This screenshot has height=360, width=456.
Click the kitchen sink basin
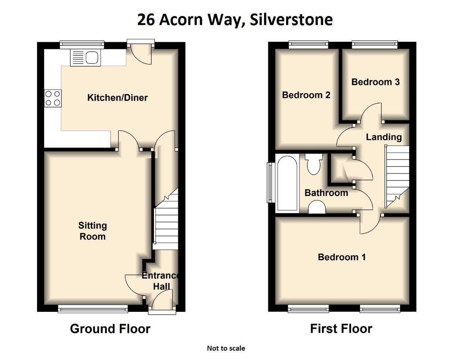(92, 58)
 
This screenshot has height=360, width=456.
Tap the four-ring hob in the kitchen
(53, 98)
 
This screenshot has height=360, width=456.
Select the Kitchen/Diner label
(117, 98)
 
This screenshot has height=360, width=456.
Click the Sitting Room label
(92, 231)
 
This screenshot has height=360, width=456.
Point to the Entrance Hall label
(161, 281)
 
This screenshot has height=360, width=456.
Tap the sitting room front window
(93, 308)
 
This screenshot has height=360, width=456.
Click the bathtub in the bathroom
(287, 184)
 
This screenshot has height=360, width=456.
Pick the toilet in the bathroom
(313, 164)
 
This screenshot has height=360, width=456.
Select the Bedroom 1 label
(341, 257)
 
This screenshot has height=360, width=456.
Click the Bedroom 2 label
(306, 95)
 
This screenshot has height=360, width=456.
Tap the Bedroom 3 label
(375, 82)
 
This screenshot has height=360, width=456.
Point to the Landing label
(384, 137)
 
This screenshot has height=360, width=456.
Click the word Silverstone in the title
(291, 20)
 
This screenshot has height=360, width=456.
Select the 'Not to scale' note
(226, 348)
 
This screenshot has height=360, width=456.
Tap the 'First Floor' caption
(341, 329)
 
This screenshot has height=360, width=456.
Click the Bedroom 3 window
(375, 45)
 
